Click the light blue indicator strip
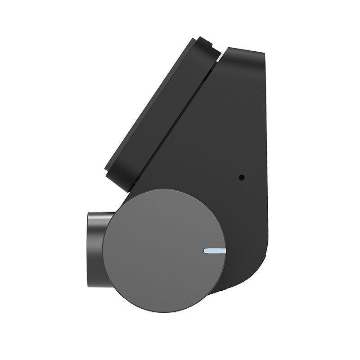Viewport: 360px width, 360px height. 215,251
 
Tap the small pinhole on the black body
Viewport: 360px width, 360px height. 242,177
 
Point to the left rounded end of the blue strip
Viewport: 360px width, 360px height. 206,251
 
